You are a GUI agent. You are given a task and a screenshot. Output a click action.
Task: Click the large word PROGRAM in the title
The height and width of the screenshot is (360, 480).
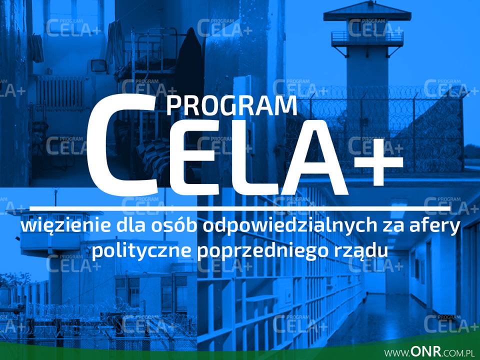pyautogui.click(x=231, y=106)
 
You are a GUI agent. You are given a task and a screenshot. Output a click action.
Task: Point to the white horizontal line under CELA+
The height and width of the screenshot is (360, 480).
pyautogui.click(x=239, y=208)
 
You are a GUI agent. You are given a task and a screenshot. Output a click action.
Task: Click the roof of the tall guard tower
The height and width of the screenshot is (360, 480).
pyautogui.click(x=367, y=11)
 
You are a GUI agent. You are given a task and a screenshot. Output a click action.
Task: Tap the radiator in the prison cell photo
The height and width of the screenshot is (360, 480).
pyautogui.click(x=60, y=93)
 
